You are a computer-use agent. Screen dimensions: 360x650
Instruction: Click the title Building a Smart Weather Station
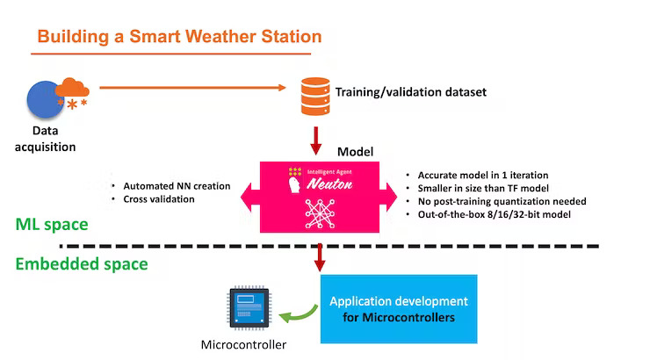pos(179,37)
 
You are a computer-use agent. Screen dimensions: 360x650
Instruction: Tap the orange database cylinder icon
pos(314,91)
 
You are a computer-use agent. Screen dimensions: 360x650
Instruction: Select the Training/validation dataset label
pos(410,91)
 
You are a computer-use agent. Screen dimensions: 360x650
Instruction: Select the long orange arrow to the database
pos(193,87)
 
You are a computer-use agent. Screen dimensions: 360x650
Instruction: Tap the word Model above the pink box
pos(356,151)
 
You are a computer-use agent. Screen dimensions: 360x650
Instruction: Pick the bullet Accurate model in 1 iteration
pos(483,175)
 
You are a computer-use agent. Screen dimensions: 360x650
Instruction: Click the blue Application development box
pos(398,308)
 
